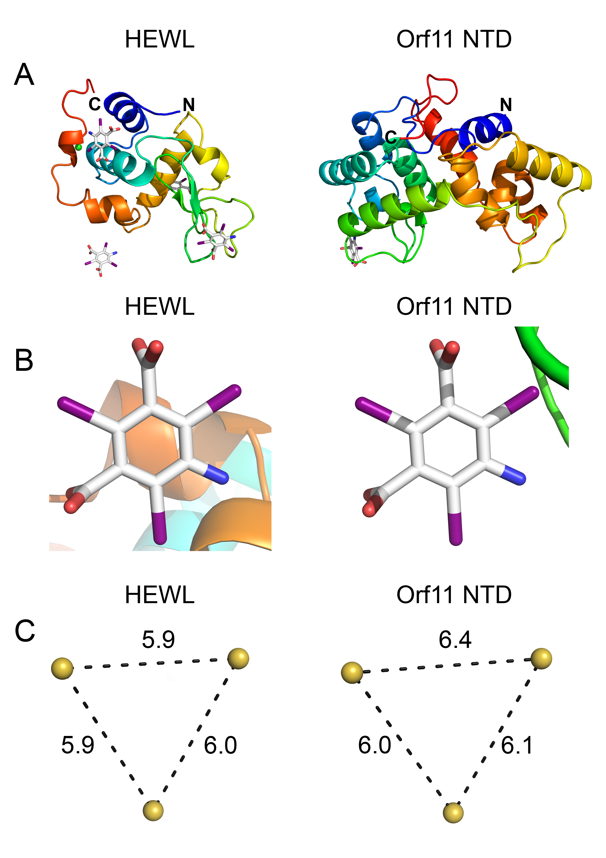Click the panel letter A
point(24,75)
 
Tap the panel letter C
point(25,631)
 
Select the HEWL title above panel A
point(159,39)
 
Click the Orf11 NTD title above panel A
point(454,39)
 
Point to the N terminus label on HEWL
point(189,105)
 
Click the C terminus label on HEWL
point(95,104)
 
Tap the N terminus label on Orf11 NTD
point(506,105)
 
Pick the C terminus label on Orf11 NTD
point(391,137)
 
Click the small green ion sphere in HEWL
point(78,148)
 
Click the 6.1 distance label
point(517,745)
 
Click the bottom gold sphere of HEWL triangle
point(153,811)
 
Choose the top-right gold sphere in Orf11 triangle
point(541,658)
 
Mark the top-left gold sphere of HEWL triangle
point(62,668)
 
